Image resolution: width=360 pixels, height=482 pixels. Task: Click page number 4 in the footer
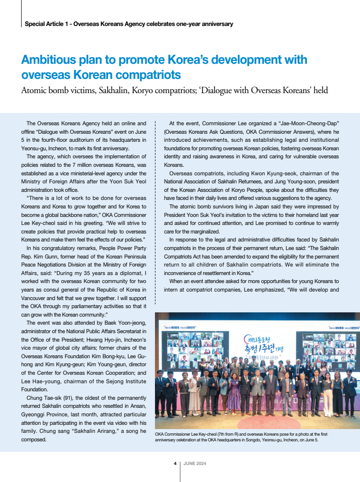point(175,463)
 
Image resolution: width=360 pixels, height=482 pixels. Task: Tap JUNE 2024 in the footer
point(195,463)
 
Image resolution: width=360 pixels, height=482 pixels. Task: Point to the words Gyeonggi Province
point(42,414)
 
